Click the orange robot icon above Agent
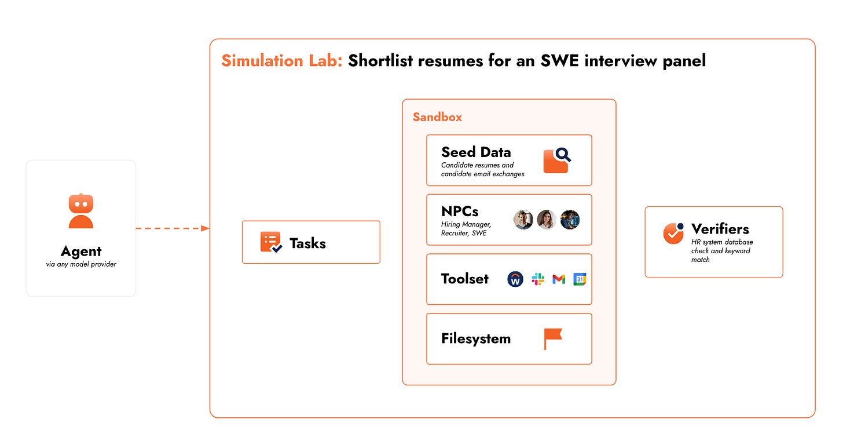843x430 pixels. (81, 211)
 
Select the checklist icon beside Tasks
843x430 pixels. (271, 242)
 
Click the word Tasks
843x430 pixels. (307, 243)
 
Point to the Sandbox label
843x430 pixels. (437, 117)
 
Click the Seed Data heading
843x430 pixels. (476, 152)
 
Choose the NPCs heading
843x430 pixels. (460, 212)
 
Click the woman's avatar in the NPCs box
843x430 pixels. (547, 220)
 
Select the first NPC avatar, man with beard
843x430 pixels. (523, 220)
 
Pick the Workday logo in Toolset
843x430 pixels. (515, 279)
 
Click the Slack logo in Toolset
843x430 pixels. (538, 279)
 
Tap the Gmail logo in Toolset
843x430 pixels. (559, 279)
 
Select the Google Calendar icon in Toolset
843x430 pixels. (580, 279)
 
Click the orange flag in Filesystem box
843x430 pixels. (552, 338)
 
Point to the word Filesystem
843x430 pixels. (476, 338)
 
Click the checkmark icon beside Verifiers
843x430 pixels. (673, 233)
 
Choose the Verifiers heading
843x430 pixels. (720, 229)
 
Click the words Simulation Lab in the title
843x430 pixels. (282, 61)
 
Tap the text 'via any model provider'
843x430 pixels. (81, 265)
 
